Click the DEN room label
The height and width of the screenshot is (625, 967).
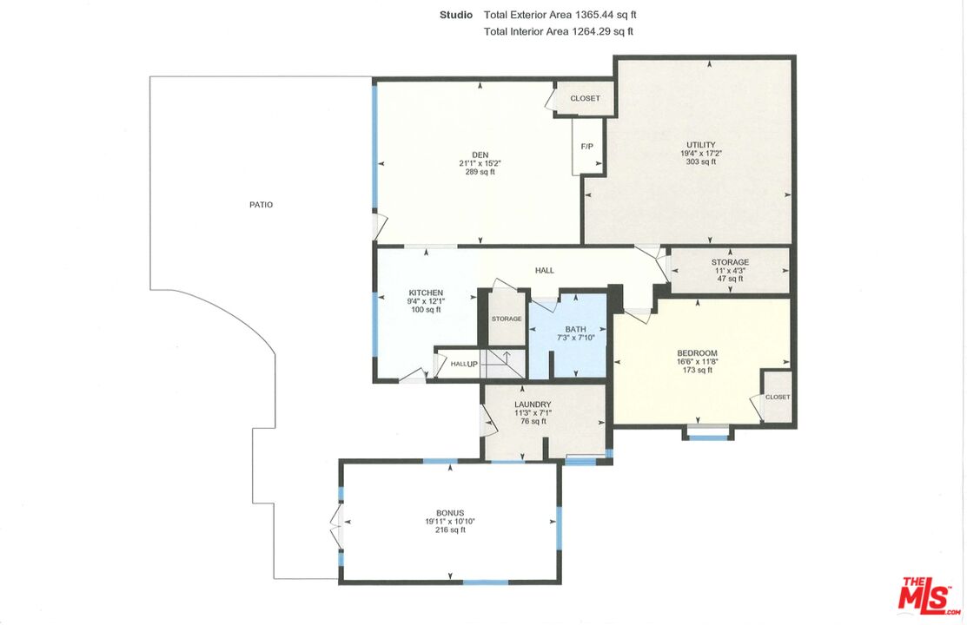point(480,155)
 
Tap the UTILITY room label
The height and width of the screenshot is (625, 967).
point(700,145)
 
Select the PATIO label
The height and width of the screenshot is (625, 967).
point(261,205)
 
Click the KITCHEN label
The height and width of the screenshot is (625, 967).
point(426,293)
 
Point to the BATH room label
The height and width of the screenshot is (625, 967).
point(575,329)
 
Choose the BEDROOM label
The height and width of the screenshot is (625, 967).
point(697,352)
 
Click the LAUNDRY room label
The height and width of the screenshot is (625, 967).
point(533,405)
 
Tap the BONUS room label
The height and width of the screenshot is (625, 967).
point(450,513)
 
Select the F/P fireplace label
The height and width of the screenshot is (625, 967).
point(587,146)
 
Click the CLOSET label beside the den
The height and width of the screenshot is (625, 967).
point(585,98)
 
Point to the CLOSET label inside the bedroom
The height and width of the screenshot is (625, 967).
point(778,397)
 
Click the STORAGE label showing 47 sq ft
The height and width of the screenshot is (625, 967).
point(730,262)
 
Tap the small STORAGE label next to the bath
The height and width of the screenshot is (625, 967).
point(507,319)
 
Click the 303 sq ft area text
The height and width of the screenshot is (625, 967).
point(700,162)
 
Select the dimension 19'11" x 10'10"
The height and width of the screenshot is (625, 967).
point(450,522)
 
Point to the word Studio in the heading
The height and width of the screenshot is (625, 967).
point(456,15)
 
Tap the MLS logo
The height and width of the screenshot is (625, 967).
point(930,595)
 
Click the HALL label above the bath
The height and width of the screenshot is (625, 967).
point(545,271)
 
